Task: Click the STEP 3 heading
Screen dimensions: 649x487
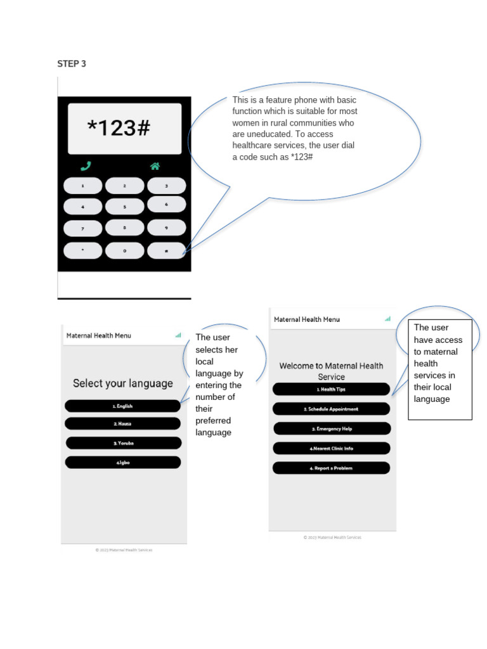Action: [72, 63]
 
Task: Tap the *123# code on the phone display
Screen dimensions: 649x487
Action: [119, 129]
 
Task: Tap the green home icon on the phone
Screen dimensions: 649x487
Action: [155, 167]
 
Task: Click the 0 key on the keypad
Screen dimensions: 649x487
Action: [124, 251]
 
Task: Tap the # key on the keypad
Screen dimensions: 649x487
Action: [166, 251]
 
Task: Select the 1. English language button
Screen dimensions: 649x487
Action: [122, 406]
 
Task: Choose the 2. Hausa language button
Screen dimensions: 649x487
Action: [122, 423]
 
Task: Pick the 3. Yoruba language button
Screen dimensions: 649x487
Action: [123, 443]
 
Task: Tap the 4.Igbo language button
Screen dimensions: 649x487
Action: [122, 463]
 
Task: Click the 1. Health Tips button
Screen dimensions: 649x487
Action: [331, 389]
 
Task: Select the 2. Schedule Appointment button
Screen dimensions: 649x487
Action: [331, 409]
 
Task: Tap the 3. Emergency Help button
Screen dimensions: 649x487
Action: [331, 428]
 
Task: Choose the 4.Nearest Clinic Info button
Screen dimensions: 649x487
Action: [331, 448]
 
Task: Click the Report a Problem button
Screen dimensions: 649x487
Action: [331, 468]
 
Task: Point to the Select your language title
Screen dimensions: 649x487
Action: [122, 383]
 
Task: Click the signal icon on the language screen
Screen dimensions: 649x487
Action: [178, 335]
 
